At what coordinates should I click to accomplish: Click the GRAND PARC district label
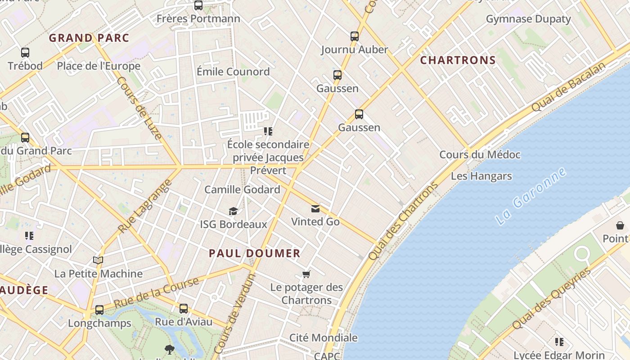click(89, 38)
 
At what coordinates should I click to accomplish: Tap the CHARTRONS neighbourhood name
click(458, 60)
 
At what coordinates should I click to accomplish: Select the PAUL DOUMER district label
click(255, 253)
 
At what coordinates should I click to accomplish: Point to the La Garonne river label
click(531, 196)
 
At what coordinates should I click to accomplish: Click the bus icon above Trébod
click(25, 53)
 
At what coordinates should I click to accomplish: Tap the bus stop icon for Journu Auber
click(355, 36)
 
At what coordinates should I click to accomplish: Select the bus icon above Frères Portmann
click(198, 5)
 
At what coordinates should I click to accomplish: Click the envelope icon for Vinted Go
click(315, 209)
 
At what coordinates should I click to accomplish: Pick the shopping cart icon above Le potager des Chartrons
click(306, 274)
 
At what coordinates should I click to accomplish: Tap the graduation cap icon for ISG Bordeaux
click(233, 211)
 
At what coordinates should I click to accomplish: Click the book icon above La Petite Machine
click(98, 260)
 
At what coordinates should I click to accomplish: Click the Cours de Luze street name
click(139, 108)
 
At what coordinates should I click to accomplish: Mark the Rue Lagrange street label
click(145, 207)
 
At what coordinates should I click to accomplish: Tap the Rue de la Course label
click(156, 293)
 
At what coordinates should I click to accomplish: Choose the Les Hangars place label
click(481, 176)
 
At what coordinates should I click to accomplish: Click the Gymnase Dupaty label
click(528, 19)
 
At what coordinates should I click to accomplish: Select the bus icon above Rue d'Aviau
click(184, 309)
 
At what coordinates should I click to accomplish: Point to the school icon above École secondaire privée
click(268, 131)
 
